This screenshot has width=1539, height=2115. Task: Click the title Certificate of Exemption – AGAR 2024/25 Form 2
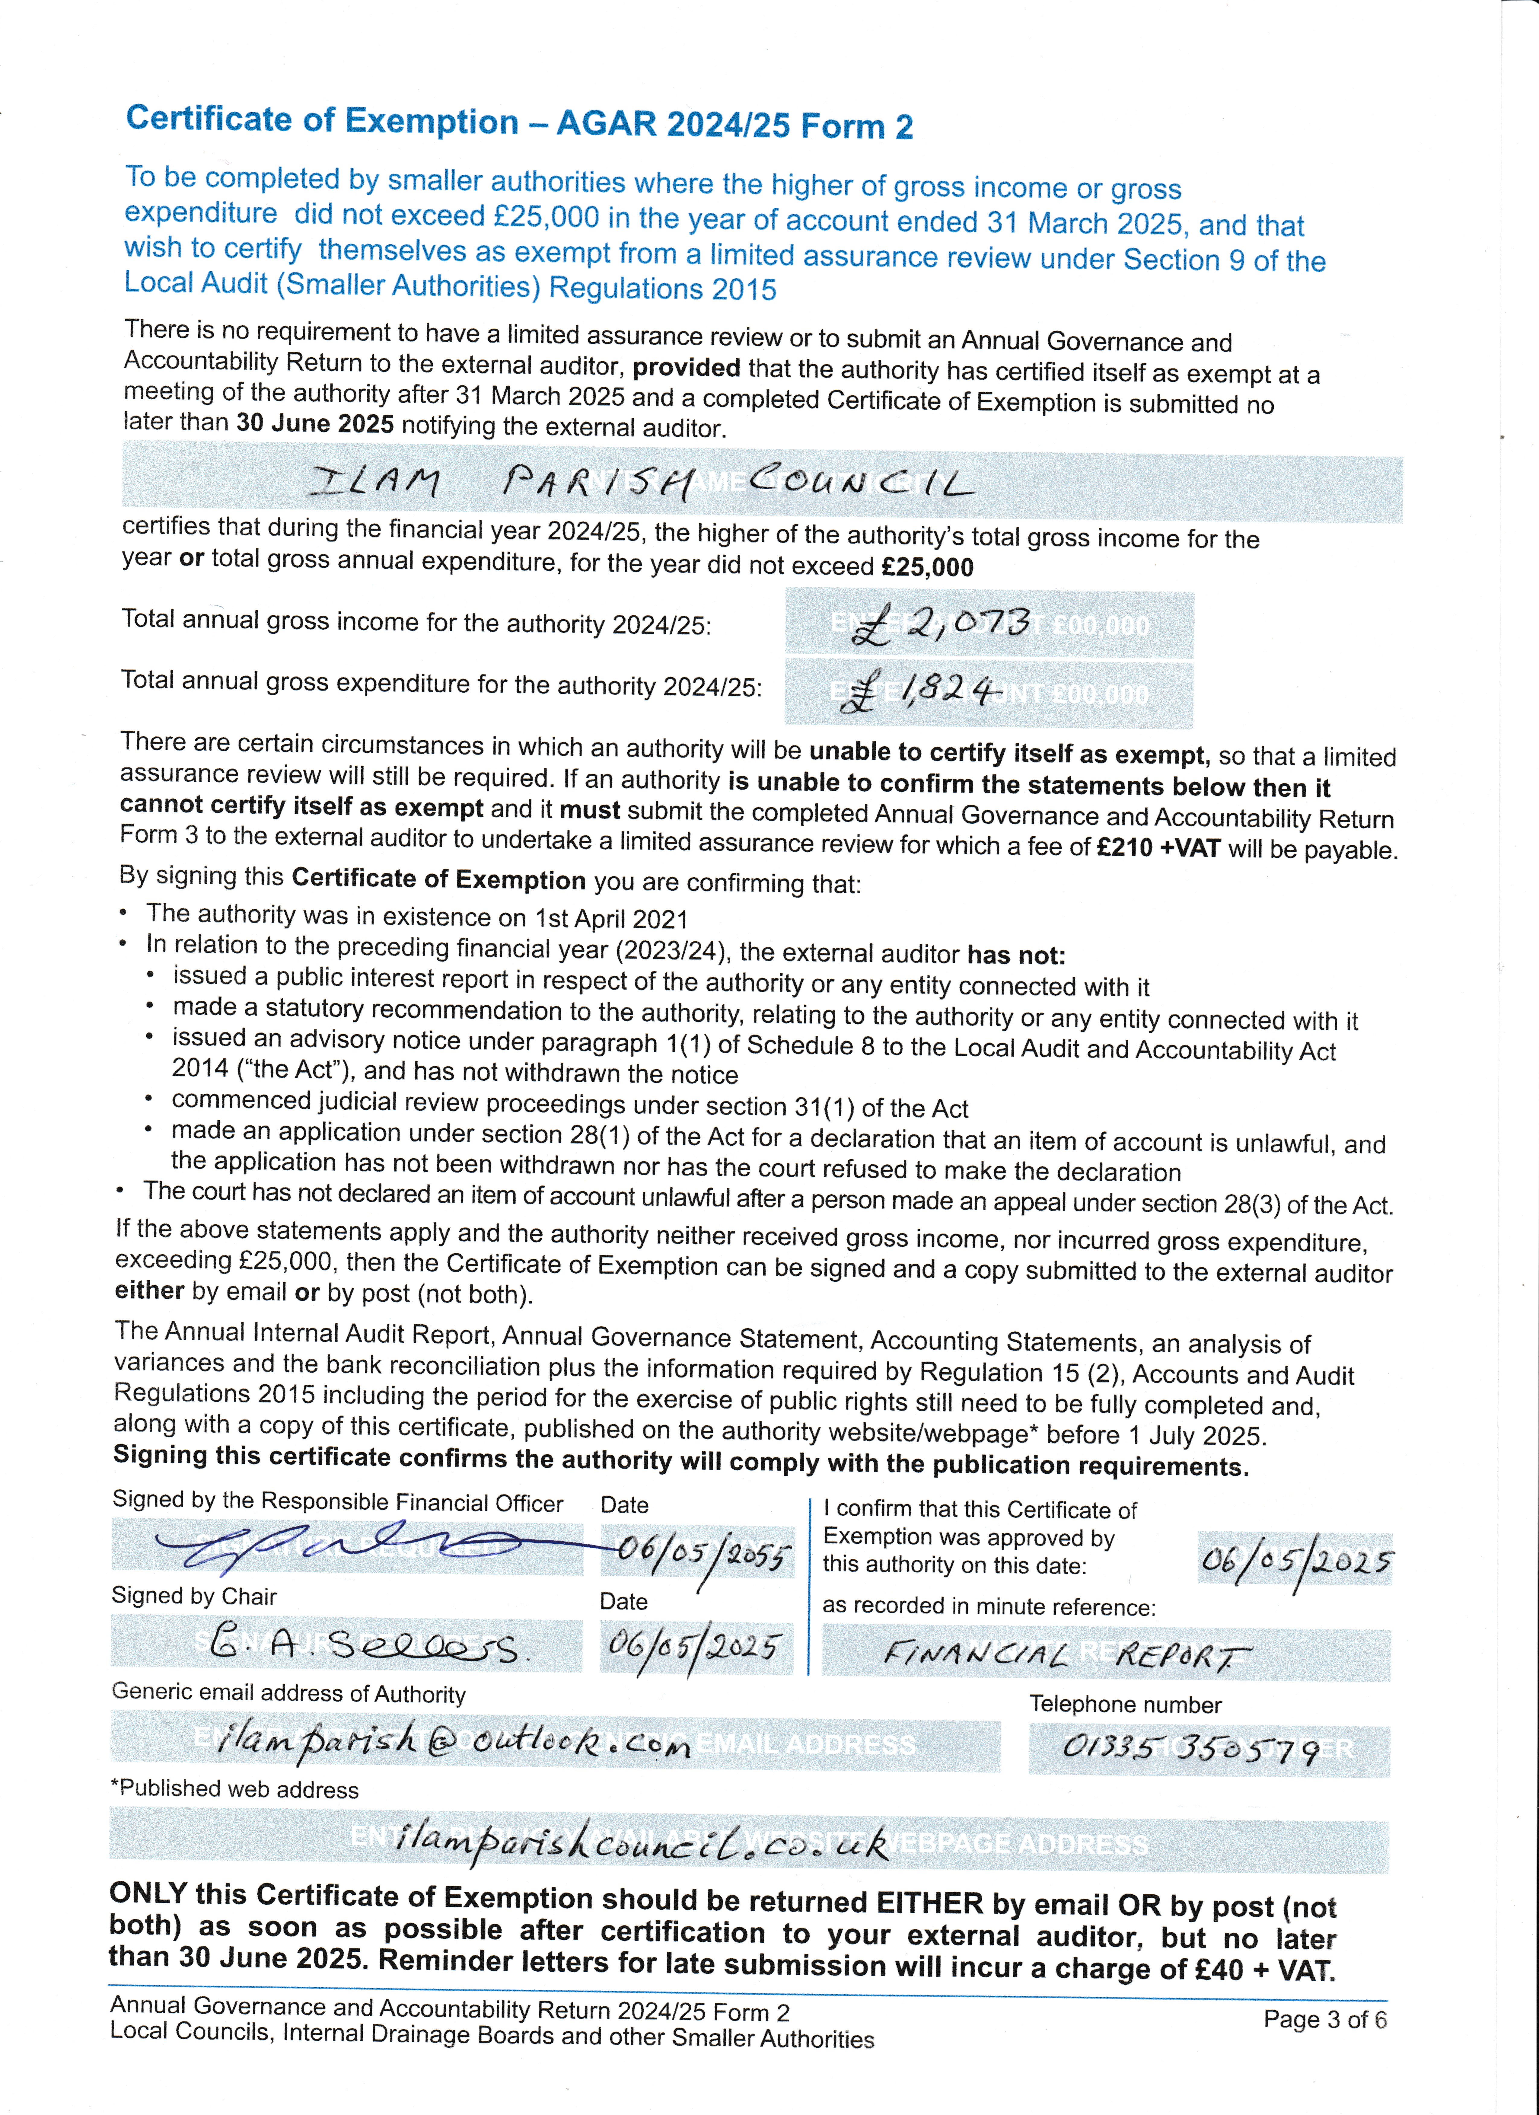(519, 122)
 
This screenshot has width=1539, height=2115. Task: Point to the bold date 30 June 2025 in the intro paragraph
(315, 424)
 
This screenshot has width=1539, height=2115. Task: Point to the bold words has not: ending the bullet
(1016, 955)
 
